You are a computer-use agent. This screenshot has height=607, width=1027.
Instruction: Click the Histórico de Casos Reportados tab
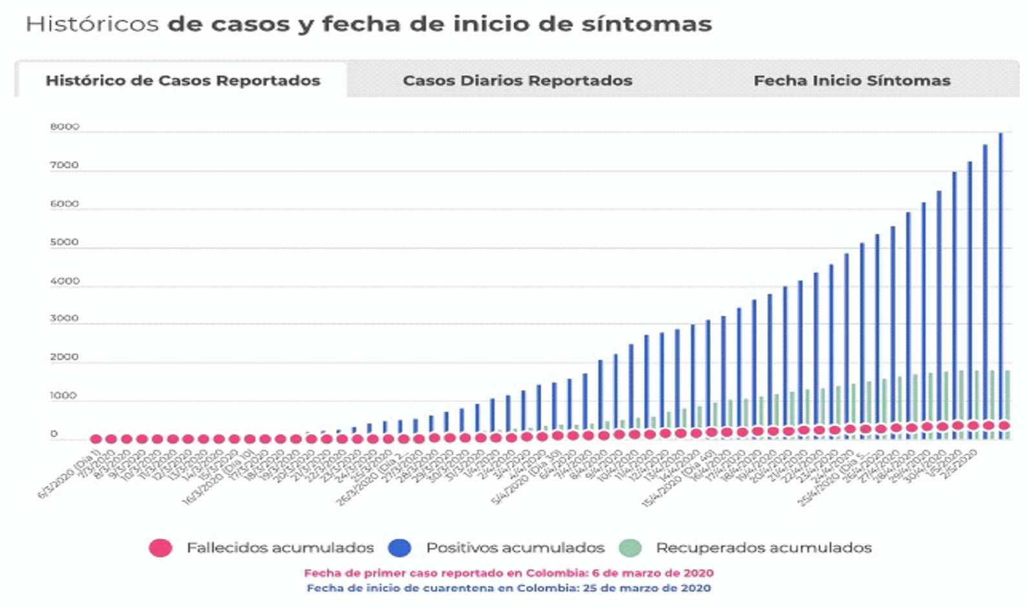point(182,81)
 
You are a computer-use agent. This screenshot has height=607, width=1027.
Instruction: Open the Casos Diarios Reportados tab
point(517,81)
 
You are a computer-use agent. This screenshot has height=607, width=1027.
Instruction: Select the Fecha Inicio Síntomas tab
point(852,81)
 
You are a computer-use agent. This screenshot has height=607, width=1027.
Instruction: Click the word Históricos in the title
point(92,25)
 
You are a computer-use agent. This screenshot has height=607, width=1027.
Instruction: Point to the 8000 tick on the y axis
point(65,127)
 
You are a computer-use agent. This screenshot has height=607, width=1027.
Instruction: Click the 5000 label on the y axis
point(65,242)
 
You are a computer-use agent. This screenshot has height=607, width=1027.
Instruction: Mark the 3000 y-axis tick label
point(65,319)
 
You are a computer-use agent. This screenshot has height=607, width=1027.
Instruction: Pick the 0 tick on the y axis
point(54,434)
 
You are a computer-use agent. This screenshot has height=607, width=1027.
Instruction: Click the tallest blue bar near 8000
point(1001,284)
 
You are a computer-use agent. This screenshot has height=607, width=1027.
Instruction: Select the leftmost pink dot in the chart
point(96,439)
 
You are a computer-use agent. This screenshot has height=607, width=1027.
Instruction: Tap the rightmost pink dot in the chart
point(1004,425)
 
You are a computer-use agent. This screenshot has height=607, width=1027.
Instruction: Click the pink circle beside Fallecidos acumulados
point(160,548)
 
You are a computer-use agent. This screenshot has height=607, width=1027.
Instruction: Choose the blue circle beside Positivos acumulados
point(399,548)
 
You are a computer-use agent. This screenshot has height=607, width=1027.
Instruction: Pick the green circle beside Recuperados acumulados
point(630,548)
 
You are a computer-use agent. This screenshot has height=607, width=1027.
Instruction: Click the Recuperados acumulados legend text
point(763,548)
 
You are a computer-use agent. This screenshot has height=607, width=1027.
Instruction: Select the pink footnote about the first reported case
point(509,573)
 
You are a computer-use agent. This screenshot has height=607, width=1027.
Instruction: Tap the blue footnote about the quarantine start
point(509,588)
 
